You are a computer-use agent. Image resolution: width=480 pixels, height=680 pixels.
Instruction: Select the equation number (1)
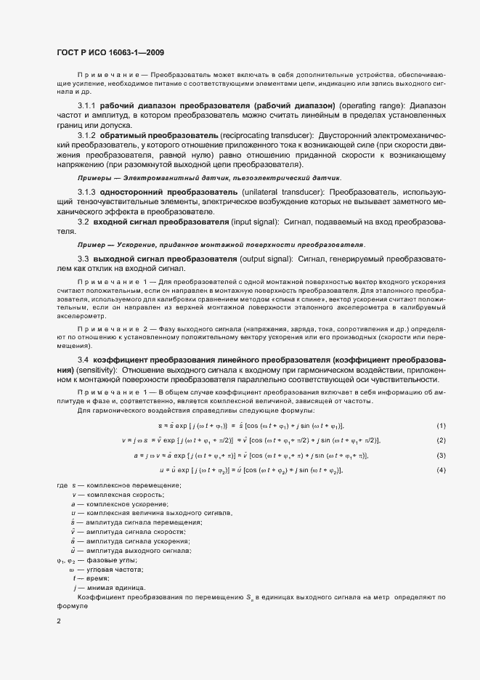coord(441,425)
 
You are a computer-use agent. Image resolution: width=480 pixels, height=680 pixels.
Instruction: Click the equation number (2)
coord(441,440)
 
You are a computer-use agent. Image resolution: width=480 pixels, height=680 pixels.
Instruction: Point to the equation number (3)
coord(441,456)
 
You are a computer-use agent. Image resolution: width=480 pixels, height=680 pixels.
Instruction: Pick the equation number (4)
coord(441,471)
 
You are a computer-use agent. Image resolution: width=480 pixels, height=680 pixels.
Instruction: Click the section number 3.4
coord(83,360)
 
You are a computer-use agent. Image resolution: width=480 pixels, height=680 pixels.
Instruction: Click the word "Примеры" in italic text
coord(92,178)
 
